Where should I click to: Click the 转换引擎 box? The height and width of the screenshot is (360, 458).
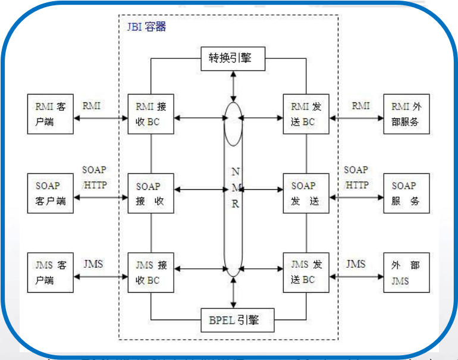click(x=232, y=58)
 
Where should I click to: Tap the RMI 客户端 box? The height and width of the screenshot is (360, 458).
click(x=51, y=115)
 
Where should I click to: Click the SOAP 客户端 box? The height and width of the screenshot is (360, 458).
click(x=51, y=193)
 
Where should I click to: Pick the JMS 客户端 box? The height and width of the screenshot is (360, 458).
click(x=51, y=273)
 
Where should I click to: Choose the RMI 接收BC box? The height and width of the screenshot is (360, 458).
click(x=151, y=115)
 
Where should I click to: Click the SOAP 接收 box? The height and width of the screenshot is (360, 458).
click(x=151, y=193)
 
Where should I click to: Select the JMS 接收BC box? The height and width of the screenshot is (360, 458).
click(x=151, y=273)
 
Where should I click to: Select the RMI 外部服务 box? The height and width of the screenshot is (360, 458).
click(x=406, y=115)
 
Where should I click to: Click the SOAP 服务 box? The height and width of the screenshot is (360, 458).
click(x=406, y=193)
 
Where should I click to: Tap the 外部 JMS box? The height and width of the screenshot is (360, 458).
click(x=406, y=273)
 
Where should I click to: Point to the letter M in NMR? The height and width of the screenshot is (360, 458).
click(x=235, y=187)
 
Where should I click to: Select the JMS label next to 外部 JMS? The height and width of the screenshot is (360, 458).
click(x=356, y=264)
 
